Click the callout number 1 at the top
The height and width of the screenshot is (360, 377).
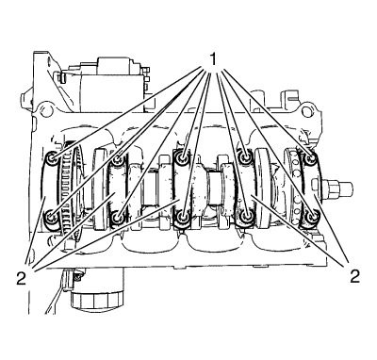pyautogui.click(x=213, y=58)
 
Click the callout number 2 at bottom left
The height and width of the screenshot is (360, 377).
pyautogui.click(x=21, y=278)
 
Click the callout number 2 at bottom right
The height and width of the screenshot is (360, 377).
pyautogui.click(x=354, y=276)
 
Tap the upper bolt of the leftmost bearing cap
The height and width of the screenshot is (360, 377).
pyautogui.click(x=52, y=157)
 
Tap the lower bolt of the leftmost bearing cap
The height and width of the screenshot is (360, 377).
pyautogui.click(x=50, y=217)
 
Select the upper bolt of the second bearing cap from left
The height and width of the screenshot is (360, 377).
pyautogui.click(x=118, y=159)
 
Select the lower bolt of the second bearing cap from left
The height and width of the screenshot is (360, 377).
pyautogui.click(x=118, y=217)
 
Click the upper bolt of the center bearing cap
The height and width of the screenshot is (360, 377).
pyautogui.click(x=182, y=157)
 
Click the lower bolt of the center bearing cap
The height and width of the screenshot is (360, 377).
pyautogui.click(x=182, y=217)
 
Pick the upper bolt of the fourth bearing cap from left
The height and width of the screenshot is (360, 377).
pyautogui.click(x=245, y=156)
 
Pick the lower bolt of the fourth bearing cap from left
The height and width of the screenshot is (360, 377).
pyautogui.click(x=245, y=216)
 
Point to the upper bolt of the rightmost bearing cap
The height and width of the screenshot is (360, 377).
pyautogui.click(x=311, y=159)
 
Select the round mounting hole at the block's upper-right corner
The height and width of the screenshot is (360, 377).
pyautogui.click(x=307, y=111)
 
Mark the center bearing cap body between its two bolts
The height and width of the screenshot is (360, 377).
pyautogui.click(x=182, y=188)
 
